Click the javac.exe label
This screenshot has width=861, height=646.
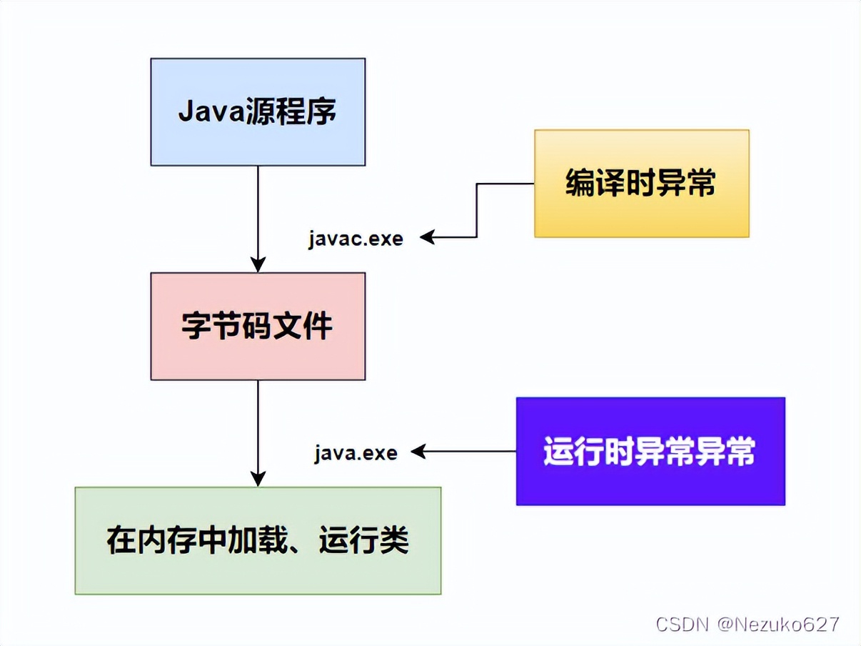tap(356, 238)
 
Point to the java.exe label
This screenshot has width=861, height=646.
tap(356, 452)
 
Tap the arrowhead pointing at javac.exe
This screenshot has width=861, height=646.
tap(427, 237)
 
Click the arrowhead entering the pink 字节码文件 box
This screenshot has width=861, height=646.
tap(258, 264)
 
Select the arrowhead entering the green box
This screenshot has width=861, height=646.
tap(258, 479)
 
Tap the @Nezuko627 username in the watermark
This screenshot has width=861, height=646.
tap(778, 623)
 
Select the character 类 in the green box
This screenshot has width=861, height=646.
tap(394, 540)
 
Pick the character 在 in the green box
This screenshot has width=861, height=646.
tap(121, 540)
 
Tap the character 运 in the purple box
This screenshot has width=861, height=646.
tap(559, 452)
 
